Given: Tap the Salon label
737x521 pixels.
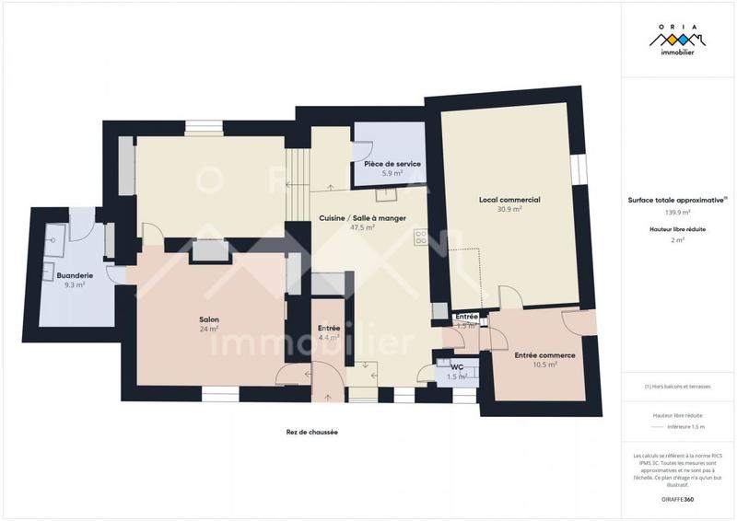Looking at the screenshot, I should click(x=209, y=319).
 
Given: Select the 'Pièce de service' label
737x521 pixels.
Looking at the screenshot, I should click(x=392, y=163).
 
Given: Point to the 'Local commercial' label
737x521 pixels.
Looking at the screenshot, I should click(x=509, y=200).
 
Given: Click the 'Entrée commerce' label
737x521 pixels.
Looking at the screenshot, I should click(x=544, y=355).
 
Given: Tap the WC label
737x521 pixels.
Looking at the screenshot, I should click(x=457, y=367).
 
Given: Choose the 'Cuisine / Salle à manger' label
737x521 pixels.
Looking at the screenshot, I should click(x=361, y=217).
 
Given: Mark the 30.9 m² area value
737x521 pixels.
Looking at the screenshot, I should click(x=509, y=209).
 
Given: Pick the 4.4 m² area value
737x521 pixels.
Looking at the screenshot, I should click(x=329, y=338).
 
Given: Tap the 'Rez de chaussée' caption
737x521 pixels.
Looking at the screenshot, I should click(x=311, y=432).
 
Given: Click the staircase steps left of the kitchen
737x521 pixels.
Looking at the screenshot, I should click(x=297, y=184).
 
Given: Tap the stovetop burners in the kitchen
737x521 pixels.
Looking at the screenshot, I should click(x=422, y=238).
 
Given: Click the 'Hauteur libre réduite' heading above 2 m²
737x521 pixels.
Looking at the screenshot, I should click(x=677, y=228).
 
